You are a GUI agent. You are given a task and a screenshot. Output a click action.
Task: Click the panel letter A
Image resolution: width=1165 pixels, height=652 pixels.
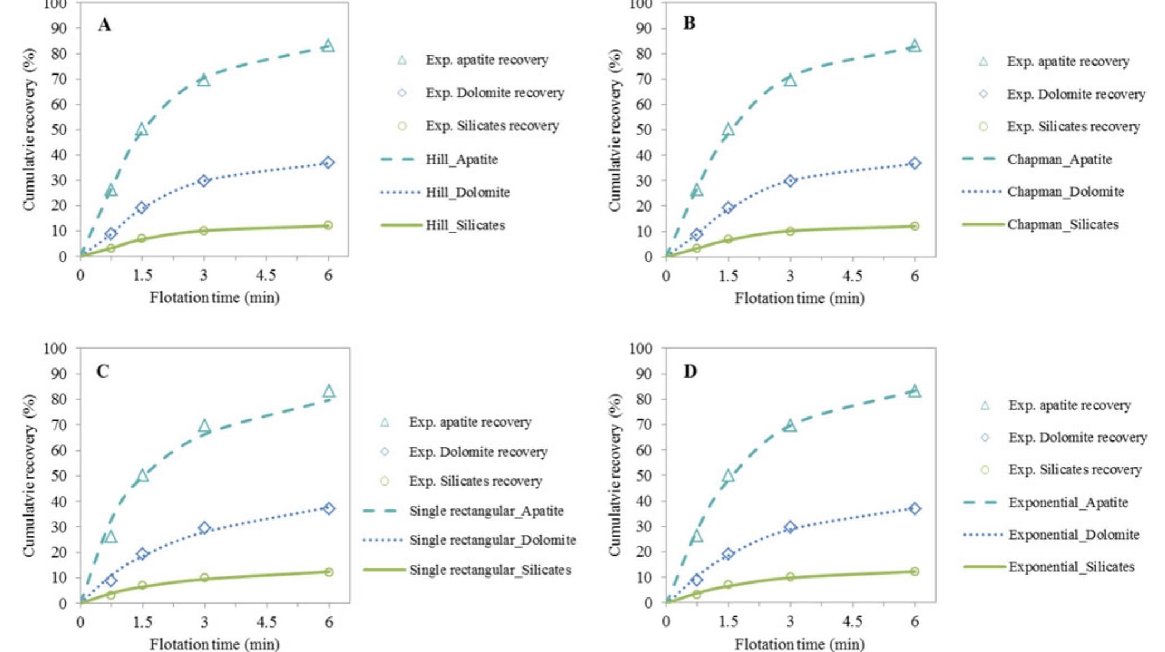click(x=104, y=25)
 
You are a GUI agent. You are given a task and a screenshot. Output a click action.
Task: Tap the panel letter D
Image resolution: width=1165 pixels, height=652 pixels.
click(x=690, y=371)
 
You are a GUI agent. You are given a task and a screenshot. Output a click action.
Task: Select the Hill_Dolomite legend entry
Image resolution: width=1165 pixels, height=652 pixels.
click(x=467, y=193)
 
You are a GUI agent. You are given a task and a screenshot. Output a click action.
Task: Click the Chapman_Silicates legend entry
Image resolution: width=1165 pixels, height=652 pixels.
click(x=1062, y=225)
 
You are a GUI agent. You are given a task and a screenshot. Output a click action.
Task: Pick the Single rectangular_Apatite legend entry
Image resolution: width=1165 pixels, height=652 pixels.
click(x=486, y=511)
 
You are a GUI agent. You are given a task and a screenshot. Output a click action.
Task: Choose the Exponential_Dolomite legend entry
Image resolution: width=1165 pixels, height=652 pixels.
click(x=1073, y=535)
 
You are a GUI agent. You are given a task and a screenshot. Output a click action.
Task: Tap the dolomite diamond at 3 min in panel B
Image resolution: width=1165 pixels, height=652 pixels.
click(x=790, y=180)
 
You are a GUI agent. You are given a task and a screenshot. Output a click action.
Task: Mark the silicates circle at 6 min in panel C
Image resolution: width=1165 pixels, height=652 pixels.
click(x=329, y=572)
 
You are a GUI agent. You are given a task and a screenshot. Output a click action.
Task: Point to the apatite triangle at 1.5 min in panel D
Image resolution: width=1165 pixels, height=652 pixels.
click(x=728, y=475)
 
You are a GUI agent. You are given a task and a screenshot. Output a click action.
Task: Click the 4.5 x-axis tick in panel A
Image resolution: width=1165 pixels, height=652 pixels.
click(x=266, y=276)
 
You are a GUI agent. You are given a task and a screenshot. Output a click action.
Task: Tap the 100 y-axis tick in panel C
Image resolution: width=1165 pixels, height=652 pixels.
click(x=55, y=349)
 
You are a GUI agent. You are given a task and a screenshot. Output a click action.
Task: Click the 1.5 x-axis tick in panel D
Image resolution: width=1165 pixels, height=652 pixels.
click(x=728, y=622)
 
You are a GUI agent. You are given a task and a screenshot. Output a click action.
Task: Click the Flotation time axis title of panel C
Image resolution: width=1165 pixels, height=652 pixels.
click(x=215, y=644)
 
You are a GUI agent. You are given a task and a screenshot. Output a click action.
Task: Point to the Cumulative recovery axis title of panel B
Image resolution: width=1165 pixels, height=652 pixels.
click(x=615, y=130)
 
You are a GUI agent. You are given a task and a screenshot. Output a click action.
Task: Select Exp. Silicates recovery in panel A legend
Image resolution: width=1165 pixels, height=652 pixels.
click(x=492, y=126)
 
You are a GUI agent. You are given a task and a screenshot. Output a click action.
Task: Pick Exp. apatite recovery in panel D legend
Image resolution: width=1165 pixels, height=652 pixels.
click(x=1069, y=405)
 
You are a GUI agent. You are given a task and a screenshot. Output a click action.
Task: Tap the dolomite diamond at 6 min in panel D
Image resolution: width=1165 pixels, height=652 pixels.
click(x=914, y=508)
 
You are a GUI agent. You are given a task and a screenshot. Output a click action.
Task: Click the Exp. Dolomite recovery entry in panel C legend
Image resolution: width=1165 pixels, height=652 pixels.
click(x=477, y=452)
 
